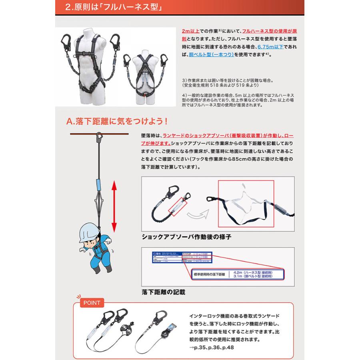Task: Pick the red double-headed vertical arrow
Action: click(114, 206)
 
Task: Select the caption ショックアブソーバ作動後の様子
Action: click(186, 237)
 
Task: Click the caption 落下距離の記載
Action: click(163, 292)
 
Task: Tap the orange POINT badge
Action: click(92, 303)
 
